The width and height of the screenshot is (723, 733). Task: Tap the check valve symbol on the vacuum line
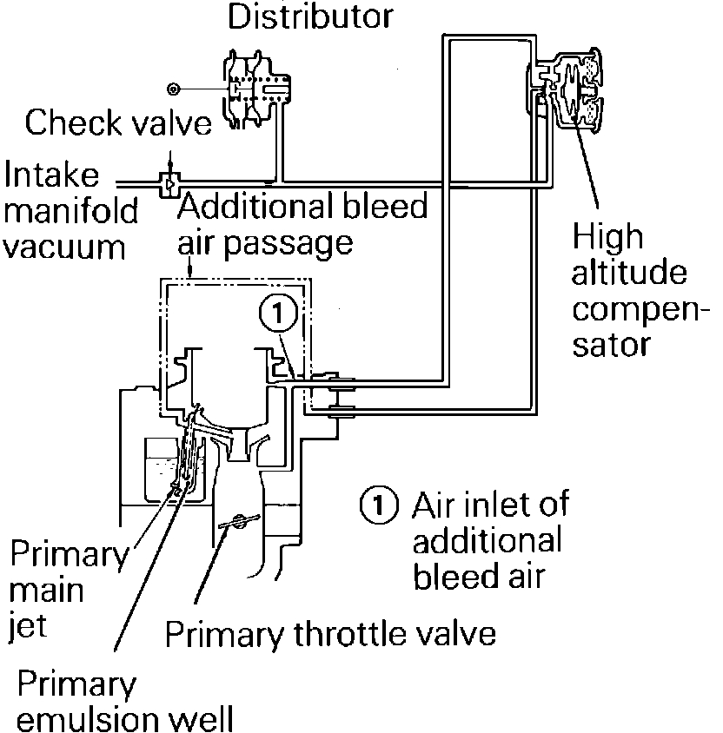(x=169, y=183)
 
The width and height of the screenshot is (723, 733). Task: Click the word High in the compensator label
(x=607, y=236)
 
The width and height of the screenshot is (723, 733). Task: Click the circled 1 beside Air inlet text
(x=377, y=505)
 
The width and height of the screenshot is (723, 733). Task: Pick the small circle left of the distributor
(x=175, y=89)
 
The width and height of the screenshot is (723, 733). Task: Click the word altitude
(x=630, y=274)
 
